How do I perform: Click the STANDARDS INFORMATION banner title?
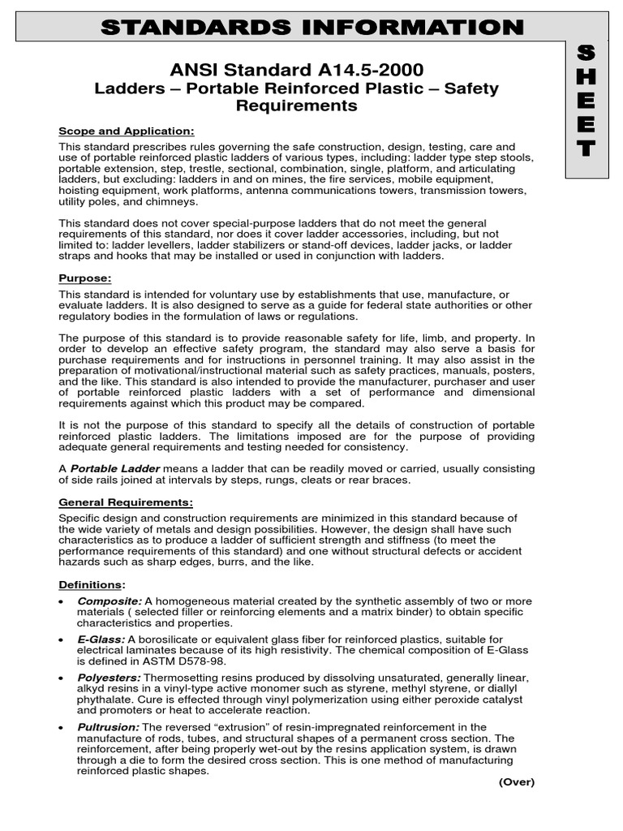point(311,28)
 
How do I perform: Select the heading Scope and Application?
point(126,131)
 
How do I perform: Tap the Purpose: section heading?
point(84,278)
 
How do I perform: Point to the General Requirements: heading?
point(126,502)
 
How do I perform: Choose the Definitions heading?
point(91,584)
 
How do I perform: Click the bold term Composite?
point(110,601)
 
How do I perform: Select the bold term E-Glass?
point(101,639)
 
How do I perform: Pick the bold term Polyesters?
point(109,677)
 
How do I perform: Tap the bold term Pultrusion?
point(108,727)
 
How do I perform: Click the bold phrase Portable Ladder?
point(115,469)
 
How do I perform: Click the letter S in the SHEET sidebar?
point(585,54)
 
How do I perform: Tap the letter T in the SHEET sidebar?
point(585,149)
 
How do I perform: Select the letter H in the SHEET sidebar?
point(585,77)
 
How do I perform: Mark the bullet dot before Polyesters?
point(63,678)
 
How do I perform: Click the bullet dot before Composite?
point(63,601)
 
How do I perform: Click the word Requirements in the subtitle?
point(296,105)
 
